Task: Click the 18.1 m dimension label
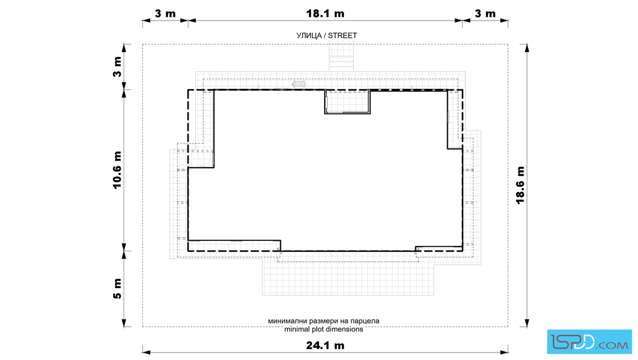(325, 14)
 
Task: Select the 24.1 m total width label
(325, 345)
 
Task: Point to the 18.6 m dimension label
(521, 185)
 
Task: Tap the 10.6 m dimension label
(117, 170)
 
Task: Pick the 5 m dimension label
(117, 289)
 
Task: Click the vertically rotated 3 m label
(117, 67)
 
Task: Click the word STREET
(342, 36)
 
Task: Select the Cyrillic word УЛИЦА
(309, 36)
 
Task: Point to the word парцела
(365, 321)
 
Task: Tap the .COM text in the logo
(612, 345)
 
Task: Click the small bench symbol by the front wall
(298, 84)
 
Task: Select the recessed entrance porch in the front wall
(347, 102)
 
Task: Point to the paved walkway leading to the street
(341, 58)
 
